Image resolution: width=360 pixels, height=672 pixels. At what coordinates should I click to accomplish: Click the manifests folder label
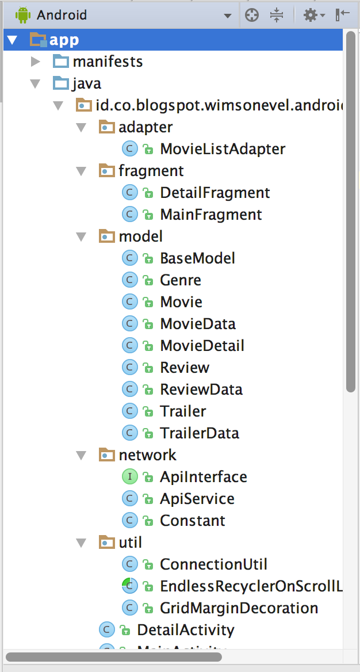click(x=108, y=62)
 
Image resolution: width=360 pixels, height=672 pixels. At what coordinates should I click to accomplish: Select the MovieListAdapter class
click(x=223, y=149)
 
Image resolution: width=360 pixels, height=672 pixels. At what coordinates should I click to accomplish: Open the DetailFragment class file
click(x=215, y=193)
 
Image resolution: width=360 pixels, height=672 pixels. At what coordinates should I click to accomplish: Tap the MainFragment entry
click(x=210, y=215)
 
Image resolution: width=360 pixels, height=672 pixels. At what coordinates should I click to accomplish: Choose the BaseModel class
click(x=197, y=258)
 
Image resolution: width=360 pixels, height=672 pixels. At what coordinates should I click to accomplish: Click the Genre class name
click(x=181, y=280)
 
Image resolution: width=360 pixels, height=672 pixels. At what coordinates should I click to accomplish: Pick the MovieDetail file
click(x=202, y=346)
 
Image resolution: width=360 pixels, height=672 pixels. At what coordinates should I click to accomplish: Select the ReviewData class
click(x=201, y=390)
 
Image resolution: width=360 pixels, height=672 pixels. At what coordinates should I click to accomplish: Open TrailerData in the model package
click(x=199, y=433)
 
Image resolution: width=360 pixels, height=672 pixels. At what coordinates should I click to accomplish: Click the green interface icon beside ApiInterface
click(x=130, y=477)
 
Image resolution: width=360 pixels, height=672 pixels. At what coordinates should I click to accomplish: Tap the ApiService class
click(x=197, y=499)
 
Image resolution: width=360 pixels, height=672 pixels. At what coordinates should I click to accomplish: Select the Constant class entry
click(x=192, y=521)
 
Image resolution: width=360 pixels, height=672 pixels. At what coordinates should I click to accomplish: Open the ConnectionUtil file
click(x=213, y=564)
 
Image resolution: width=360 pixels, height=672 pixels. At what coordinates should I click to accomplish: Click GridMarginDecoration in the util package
click(x=239, y=608)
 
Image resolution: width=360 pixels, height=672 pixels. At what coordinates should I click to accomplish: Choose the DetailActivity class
click(x=185, y=630)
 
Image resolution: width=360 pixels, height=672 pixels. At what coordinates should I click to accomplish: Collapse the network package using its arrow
click(x=82, y=456)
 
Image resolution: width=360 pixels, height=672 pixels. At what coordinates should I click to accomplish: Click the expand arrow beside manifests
click(x=36, y=62)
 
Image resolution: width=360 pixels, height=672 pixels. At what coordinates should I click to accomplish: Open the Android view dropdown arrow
click(x=228, y=16)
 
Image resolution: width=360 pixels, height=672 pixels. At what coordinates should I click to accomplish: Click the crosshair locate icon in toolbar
click(x=252, y=16)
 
